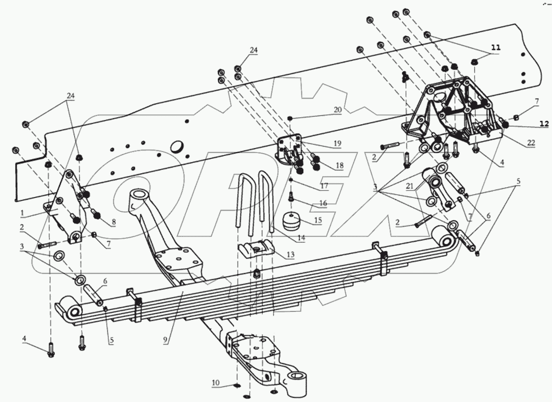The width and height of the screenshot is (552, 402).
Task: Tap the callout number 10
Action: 216,383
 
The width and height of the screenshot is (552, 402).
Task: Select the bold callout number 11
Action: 495,48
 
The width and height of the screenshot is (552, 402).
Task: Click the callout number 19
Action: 337,143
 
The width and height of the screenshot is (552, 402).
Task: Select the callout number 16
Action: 323,204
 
